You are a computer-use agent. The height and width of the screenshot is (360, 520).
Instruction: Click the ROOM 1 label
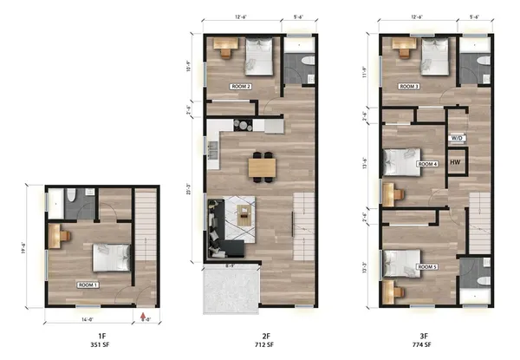[88, 284]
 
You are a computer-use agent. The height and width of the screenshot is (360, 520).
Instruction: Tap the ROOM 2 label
[240, 87]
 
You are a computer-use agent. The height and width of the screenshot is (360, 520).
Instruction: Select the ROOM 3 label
[410, 87]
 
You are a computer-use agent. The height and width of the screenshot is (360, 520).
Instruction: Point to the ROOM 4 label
[427, 163]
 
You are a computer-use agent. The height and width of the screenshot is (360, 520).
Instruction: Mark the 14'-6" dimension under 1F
[83, 318]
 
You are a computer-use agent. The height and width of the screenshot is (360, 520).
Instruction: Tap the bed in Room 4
[398, 161]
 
